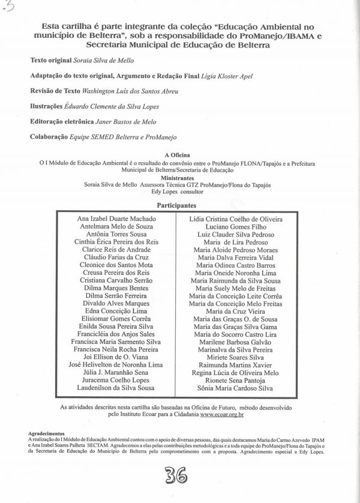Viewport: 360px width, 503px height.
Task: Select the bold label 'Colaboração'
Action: pos(49,137)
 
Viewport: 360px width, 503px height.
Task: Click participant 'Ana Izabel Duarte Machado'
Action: pos(116,220)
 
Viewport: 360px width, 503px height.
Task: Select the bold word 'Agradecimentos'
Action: pos(46,433)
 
